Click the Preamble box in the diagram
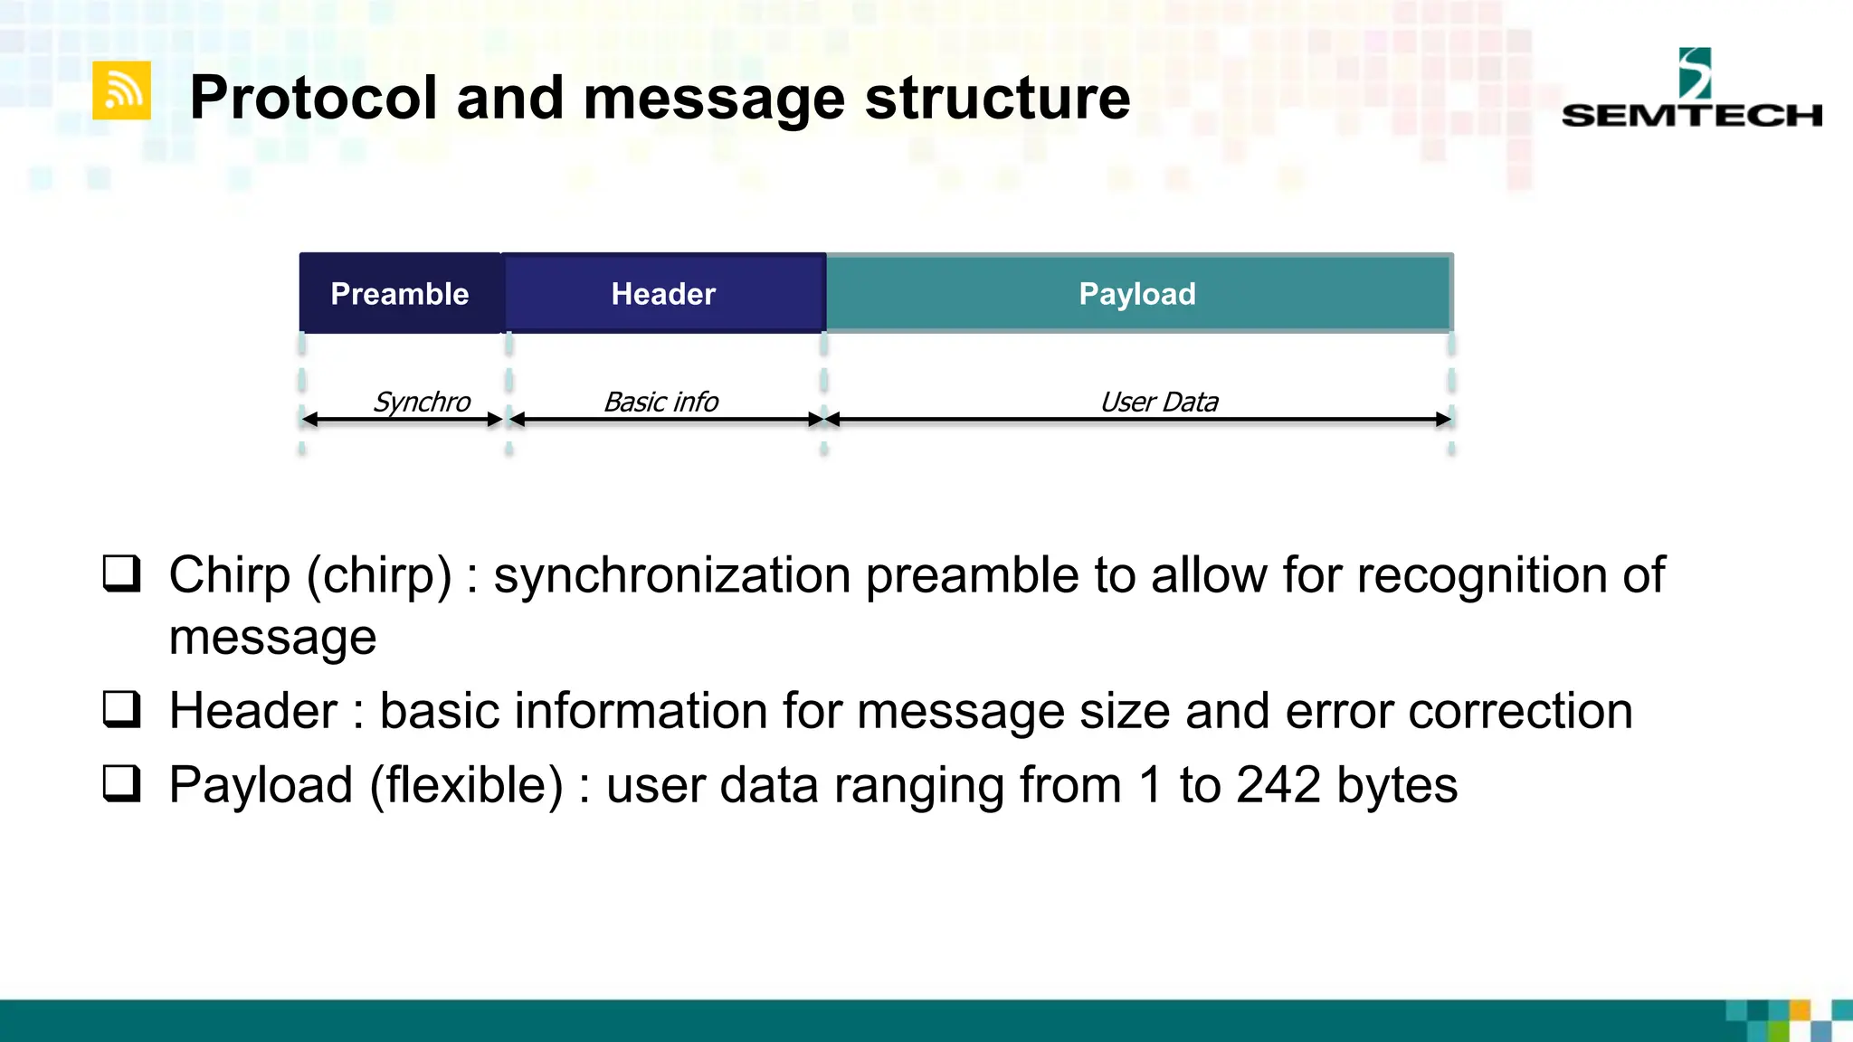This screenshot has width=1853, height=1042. (x=400, y=293)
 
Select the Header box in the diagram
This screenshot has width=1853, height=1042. (x=663, y=293)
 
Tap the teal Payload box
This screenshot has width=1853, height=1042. (x=1138, y=293)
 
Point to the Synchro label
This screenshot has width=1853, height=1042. (x=422, y=402)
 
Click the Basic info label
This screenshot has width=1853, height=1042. (x=660, y=402)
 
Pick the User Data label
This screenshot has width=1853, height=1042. (x=1159, y=402)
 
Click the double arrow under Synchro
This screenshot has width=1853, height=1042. (x=402, y=420)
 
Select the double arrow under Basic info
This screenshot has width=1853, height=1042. (x=666, y=420)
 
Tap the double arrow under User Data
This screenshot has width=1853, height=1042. (x=1138, y=420)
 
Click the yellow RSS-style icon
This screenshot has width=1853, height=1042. (x=121, y=90)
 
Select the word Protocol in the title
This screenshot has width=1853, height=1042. (x=313, y=98)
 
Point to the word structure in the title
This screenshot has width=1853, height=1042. (x=997, y=98)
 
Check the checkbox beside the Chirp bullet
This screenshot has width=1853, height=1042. (x=121, y=573)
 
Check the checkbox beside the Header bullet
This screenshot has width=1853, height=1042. (x=121, y=709)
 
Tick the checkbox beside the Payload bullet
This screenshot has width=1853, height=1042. (x=121, y=783)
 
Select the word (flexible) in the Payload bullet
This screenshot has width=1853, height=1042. (x=466, y=785)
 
